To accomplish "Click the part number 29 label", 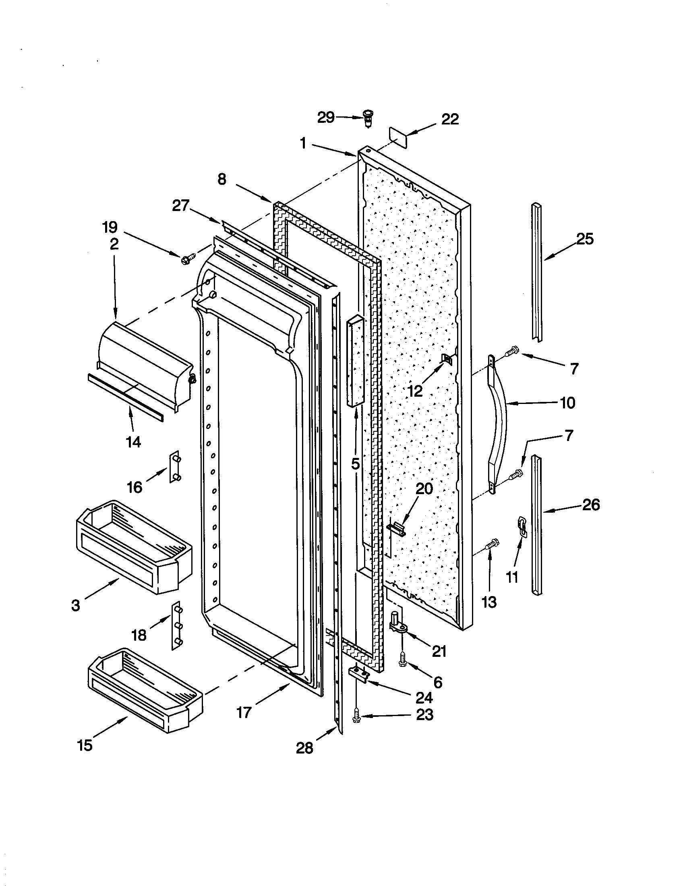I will click(x=326, y=118).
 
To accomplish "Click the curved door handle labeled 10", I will click(x=499, y=424).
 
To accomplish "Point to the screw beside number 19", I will click(x=188, y=258).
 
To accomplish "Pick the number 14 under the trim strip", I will click(x=133, y=442).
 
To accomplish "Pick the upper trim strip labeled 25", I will click(x=537, y=272).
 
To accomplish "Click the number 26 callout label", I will click(x=590, y=505).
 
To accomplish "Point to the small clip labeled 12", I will click(x=446, y=358).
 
